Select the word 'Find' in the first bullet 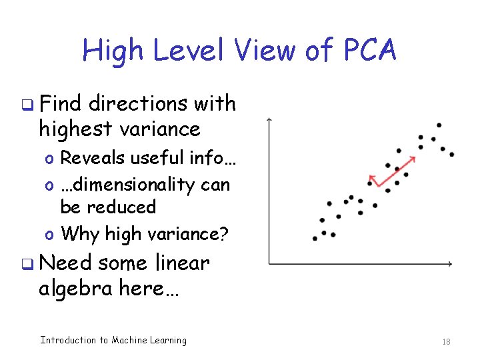pos(61,104)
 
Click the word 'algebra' pos(71,289)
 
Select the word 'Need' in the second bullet pos(65,263)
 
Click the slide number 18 pos(447,341)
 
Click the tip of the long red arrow pos(415,157)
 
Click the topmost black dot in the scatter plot pos(439,125)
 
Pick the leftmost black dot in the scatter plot pos(315,238)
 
